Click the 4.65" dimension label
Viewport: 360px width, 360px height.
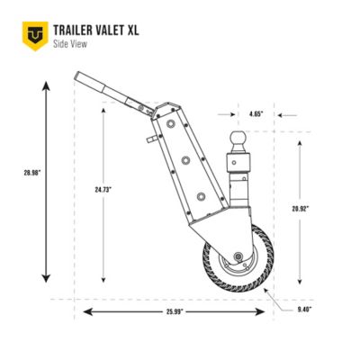pyautogui.click(x=256, y=115)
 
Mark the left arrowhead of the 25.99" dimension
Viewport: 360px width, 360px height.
pyautogui.click(x=88, y=311)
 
